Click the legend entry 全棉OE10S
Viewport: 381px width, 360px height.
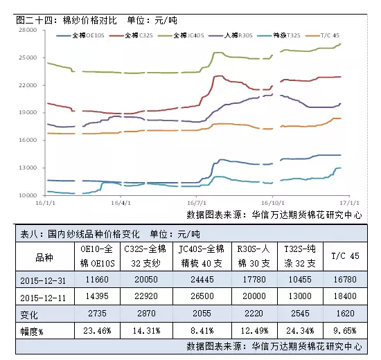(x=80, y=35)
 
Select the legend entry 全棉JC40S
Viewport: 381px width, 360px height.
(x=181, y=35)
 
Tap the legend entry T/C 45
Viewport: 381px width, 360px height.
(x=322, y=35)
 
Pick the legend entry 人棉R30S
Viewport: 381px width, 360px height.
(x=231, y=35)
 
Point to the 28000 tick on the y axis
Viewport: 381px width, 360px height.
(x=28, y=30)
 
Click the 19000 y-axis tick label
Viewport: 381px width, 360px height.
(x=28, y=112)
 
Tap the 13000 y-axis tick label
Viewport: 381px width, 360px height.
(x=28, y=168)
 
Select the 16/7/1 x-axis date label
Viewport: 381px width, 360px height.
(x=197, y=203)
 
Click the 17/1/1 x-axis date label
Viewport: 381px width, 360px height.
(x=349, y=203)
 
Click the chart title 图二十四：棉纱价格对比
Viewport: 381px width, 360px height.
(x=67, y=20)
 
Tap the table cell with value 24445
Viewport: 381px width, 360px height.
(x=202, y=280)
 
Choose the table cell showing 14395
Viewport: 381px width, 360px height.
(x=97, y=296)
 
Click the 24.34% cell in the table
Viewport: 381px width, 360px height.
(x=300, y=331)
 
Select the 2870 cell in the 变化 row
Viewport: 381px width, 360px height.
(x=146, y=314)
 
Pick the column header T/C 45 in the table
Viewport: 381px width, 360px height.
(x=345, y=256)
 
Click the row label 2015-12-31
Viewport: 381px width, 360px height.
(x=43, y=281)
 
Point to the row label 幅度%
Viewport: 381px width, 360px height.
(x=32, y=332)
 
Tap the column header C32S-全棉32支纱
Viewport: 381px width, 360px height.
(x=145, y=256)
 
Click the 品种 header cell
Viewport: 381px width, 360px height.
(x=44, y=258)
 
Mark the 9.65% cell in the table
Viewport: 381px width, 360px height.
(x=345, y=331)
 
